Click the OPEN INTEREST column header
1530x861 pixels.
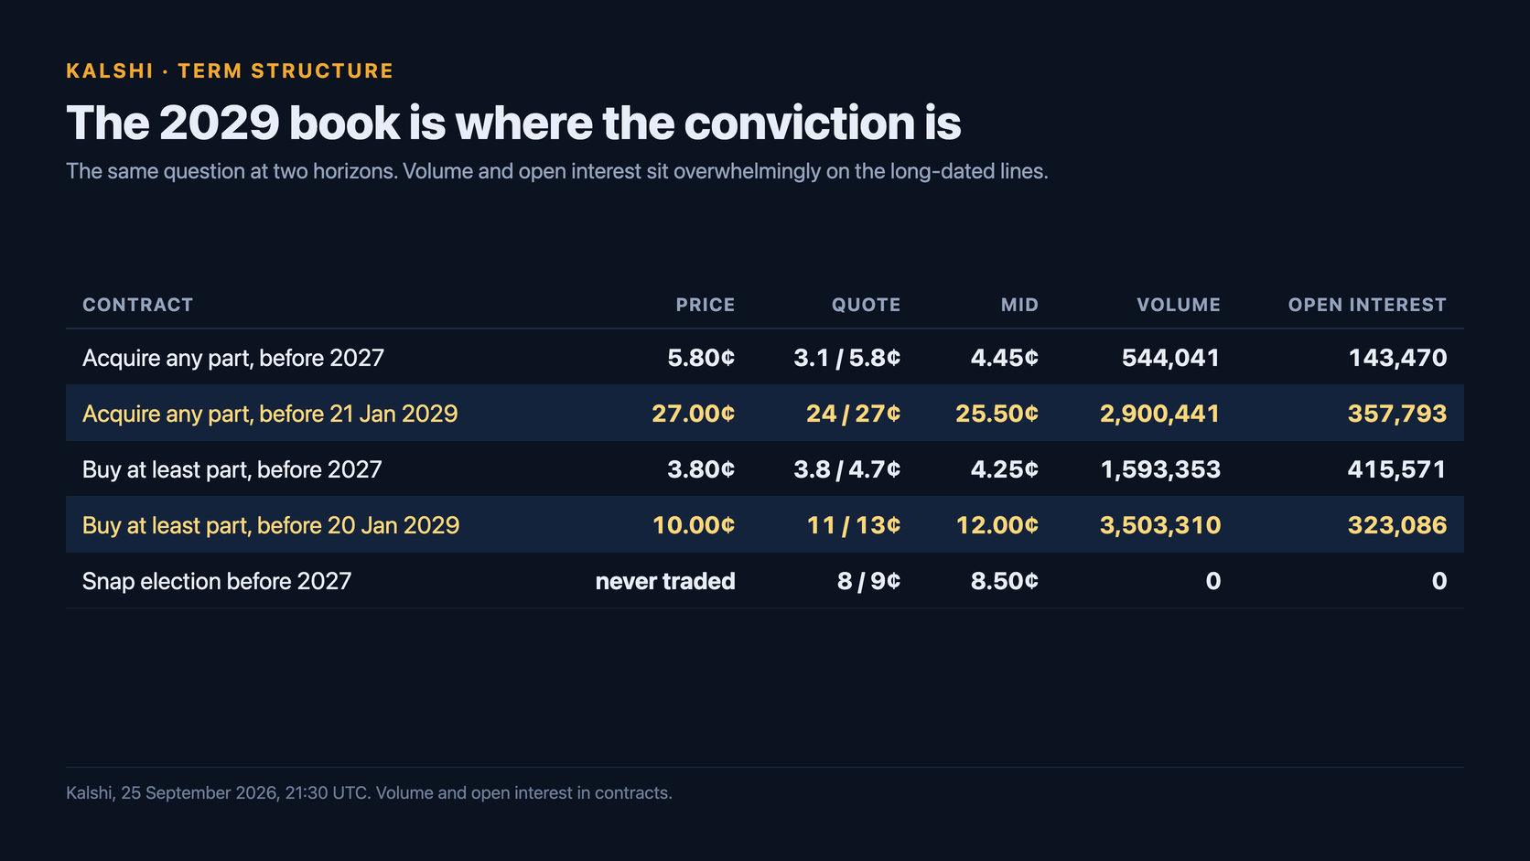tap(1367, 305)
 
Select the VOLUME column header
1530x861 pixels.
tap(1179, 305)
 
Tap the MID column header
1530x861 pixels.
tap(1019, 305)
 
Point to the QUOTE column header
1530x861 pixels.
tap(866, 305)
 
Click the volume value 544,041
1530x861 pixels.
tap(1170, 358)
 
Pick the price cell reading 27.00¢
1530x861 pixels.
tap(694, 414)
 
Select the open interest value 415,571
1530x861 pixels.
tap(1396, 469)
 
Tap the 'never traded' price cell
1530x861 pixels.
tap(665, 581)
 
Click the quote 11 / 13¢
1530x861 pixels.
tap(853, 525)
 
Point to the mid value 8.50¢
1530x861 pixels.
tap(1005, 581)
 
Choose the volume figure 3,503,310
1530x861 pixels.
tap(1159, 525)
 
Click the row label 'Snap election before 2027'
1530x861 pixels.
tap(217, 581)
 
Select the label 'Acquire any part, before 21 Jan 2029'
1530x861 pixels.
tap(270, 414)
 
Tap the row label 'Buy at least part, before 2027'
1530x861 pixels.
tap(232, 469)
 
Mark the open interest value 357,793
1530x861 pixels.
tap(1396, 414)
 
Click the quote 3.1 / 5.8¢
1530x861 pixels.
tap(847, 358)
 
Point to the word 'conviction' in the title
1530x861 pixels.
tap(800, 124)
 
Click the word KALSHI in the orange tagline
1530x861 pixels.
tap(110, 71)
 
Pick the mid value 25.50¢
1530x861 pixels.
tap(997, 414)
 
